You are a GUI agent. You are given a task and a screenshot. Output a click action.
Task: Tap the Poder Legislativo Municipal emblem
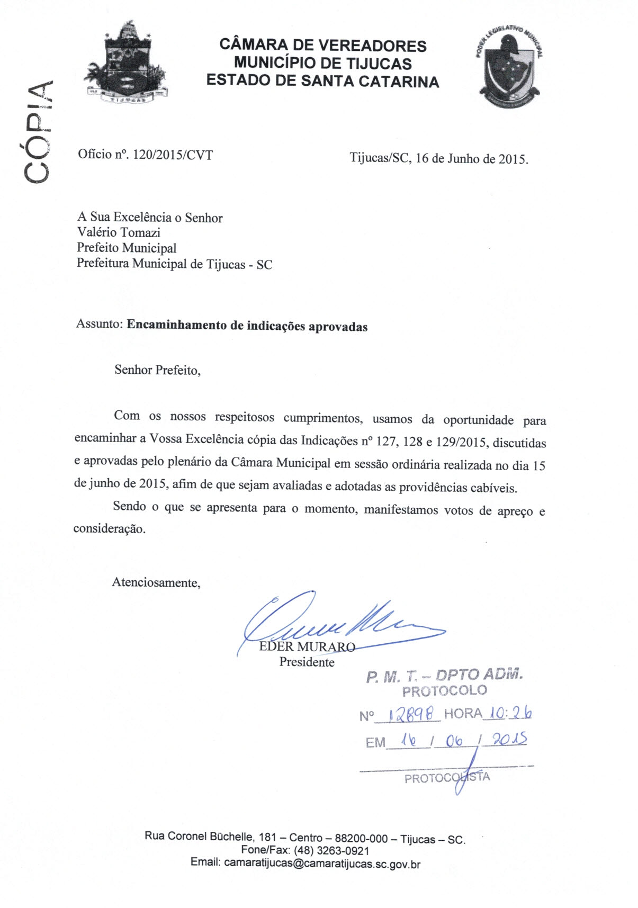(x=509, y=67)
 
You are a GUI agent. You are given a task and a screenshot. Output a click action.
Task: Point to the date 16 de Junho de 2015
(x=472, y=158)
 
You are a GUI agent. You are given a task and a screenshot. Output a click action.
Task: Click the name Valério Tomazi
(x=119, y=232)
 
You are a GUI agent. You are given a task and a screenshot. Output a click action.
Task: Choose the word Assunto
(x=99, y=324)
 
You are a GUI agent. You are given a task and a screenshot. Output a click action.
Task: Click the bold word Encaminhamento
(x=176, y=325)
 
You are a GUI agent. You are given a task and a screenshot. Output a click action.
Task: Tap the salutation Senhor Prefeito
(x=157, y=370)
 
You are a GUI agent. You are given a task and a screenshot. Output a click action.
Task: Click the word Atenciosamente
(x=156, y=583)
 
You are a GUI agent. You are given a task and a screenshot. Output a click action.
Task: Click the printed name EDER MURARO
(x=307, y=646)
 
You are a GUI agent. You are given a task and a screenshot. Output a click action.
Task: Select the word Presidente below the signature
(x=307, y=662)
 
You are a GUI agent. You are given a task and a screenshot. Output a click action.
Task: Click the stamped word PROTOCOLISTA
(x=447, y=778)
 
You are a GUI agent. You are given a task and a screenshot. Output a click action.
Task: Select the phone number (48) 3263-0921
(x=331, y=851)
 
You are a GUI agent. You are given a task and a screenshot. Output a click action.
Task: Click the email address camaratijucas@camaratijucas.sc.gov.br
(x=322, y=864)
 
